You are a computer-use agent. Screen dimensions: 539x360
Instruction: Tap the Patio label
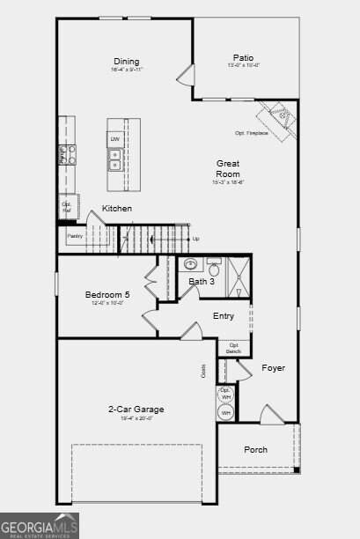[x=244, y=58]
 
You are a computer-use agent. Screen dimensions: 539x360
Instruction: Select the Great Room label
[x=228, y=168]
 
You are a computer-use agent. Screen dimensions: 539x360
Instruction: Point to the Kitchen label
[x=117, y=209]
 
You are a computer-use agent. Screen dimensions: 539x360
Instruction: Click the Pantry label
[x=75, y=236]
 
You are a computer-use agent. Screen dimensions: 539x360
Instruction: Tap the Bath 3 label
[x=202, y=282]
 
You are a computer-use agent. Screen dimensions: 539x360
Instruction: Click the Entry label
[x=224, y=316]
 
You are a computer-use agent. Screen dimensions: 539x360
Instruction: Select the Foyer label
[x=273, y=367]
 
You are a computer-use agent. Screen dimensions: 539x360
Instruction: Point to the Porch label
[x=256, y=450]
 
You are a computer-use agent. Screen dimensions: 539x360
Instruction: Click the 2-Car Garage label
[x=136, y=410]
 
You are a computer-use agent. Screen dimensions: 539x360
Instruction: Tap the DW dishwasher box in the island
[x=114, y=139]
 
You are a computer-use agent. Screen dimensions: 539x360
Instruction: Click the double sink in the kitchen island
[x=114, y=159]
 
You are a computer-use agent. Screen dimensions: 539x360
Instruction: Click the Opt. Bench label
[x=234, y=348]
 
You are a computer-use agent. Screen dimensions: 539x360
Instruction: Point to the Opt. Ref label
[x=67, y=207]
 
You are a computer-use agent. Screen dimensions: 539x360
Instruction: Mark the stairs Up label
[x=195, y=239]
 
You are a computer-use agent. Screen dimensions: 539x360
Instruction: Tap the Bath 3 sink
[x=190, y=264]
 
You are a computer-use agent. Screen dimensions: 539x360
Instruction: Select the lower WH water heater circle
[x=225, y=412]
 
